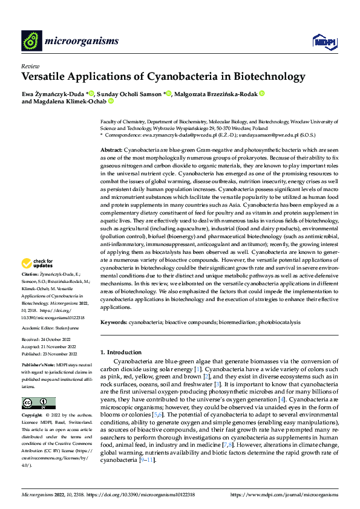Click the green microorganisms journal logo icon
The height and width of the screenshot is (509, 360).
(32, 41)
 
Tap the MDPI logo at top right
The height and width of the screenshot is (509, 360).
(324, 41)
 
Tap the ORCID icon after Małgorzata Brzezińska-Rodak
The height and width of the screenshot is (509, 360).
(261, 94)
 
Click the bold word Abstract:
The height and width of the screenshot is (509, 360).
(111, 149)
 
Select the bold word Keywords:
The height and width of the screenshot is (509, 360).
(114, 322)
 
